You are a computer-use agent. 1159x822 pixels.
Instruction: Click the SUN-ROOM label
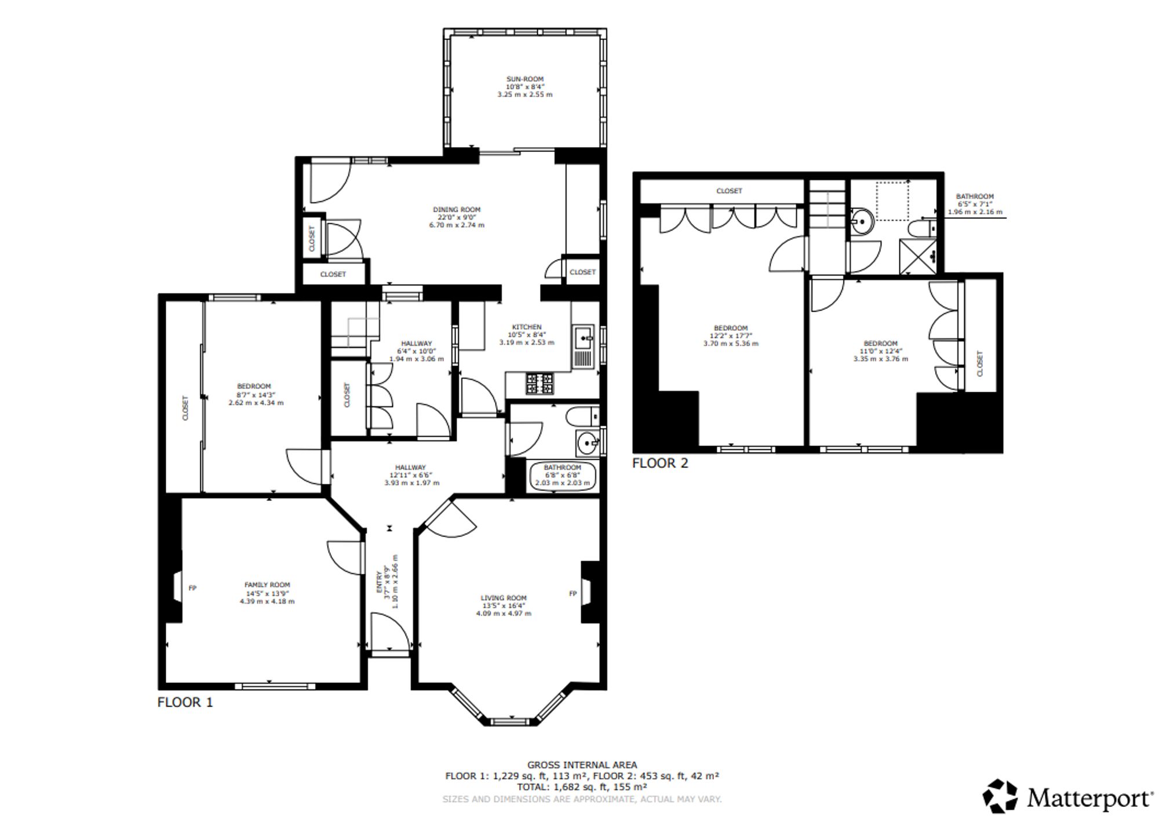pos(525,79)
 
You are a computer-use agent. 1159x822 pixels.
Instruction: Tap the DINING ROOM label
pos(457,210)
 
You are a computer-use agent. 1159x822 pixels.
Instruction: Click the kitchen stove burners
pos(540,383)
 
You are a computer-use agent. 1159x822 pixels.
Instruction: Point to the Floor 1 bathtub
pos(562,476)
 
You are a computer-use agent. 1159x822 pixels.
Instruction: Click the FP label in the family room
pos(193,588)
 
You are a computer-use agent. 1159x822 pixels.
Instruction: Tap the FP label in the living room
pos(573,593)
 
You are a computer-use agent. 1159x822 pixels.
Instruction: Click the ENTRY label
pos(380,582)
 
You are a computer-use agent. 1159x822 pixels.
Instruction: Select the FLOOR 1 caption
pos(185,702)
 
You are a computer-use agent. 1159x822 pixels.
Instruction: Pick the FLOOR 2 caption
pos(660,463)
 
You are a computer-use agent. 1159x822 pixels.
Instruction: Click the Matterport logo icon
pos(1000,796)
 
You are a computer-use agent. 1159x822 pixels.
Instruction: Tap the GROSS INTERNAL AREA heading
pos(582,765)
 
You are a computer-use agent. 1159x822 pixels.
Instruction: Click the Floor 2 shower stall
pos(918,255)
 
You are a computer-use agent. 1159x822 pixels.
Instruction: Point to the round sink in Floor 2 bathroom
pos(863,220)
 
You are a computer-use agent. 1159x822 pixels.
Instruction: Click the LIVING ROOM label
pos(504,598)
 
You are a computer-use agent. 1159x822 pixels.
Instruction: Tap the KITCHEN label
pos(527,327)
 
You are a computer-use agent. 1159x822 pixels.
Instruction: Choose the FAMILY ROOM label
pos(267,585)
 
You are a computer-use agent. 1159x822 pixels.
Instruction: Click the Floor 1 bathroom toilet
pos(583,415)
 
